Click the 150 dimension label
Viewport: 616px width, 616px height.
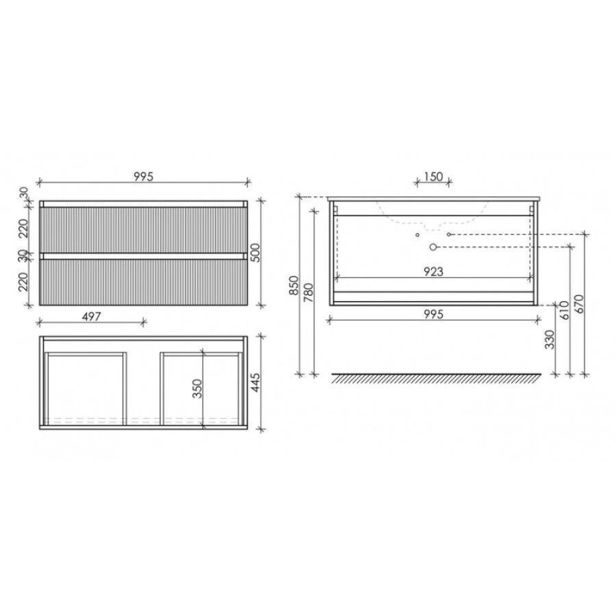click(433, 177)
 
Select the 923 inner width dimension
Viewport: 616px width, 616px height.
click(433, 272)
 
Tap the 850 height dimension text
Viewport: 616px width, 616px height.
click(294, 285)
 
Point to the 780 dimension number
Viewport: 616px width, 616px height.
click(308, 292)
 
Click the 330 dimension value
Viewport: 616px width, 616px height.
click(550, 339)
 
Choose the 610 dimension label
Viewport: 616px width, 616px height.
click(564, 310)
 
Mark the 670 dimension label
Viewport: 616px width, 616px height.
click(579, 304)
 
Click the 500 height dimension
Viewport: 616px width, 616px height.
click(255, 253)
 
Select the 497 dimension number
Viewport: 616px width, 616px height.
click(91, 317)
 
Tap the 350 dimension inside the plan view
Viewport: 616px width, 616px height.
click(197, 389)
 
